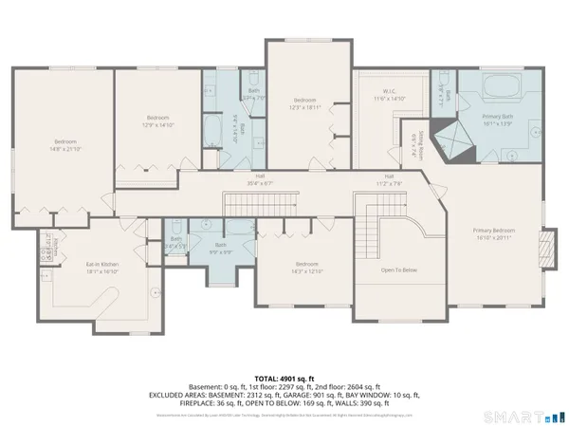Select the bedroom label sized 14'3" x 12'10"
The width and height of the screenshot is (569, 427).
(x=305, y=266)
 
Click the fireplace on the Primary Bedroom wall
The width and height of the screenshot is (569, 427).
(x=545, y=249)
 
